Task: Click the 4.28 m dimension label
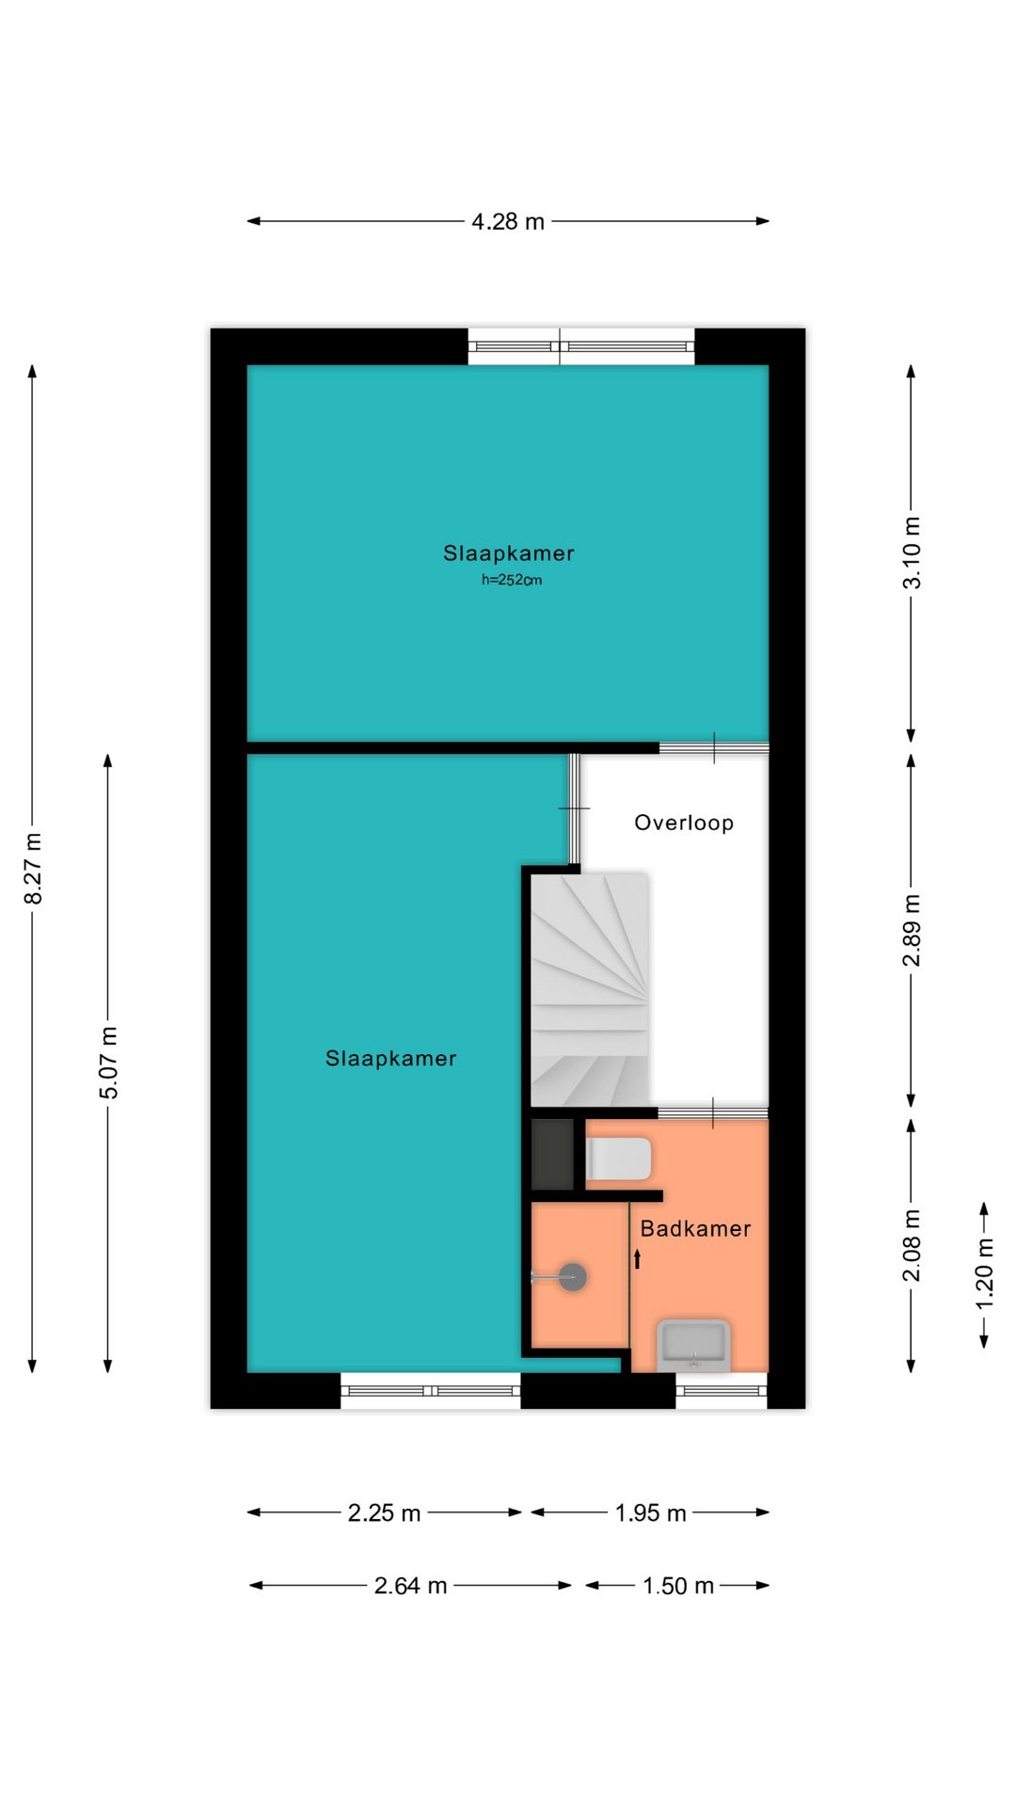[508, 221]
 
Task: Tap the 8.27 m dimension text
[33, 869]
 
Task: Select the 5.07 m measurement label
[109, 1063]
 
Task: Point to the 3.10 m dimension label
[912, 552]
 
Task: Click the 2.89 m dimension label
[912, 931]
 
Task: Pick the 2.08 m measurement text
[912, 1245]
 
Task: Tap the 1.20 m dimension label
[984, 1273]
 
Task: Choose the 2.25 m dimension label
[384, 1513]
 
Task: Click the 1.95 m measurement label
[650, 1513]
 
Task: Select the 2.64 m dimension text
[410, 1586]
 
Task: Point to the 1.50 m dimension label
[678, 1586]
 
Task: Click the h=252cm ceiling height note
[512, 580]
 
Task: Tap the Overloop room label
[684, 823]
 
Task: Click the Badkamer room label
[695, 1228]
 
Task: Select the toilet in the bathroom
[618, 1159]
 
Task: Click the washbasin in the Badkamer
[694, 1345]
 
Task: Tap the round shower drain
[573, 1277]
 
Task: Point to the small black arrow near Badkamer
[637, 1258]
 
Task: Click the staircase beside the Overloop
[590, 989]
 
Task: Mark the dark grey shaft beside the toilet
[552, 1154]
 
